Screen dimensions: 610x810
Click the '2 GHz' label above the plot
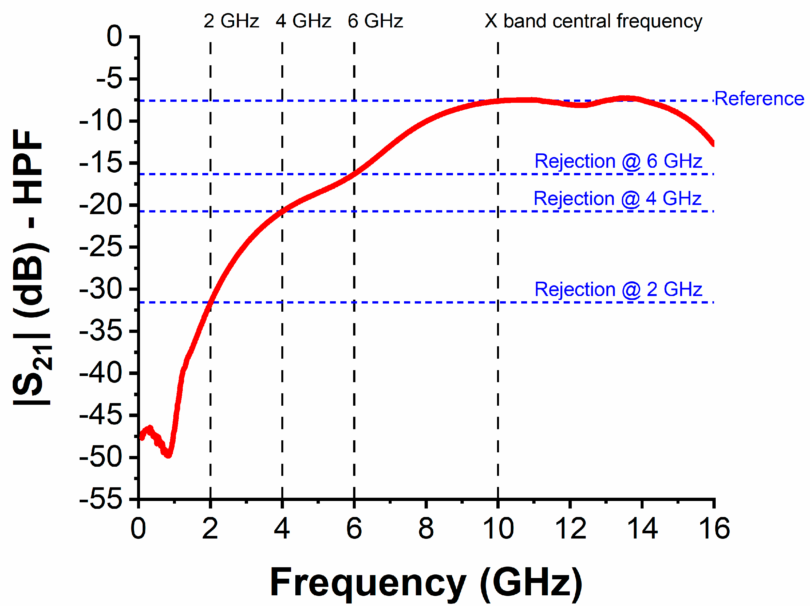tap(231, 21)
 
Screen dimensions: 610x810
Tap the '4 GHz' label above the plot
tap(303, 21)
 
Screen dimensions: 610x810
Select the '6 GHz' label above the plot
tap(375, 21)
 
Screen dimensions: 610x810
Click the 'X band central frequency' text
tap(593, 21)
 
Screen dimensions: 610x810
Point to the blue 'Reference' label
tap(759, 99)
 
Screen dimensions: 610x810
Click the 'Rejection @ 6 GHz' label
tap(618, 161)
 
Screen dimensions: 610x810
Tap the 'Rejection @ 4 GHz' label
tap(617, 198)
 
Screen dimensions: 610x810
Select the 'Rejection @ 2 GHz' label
tap(618, 289)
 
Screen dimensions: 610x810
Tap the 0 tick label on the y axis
tap(114, 36)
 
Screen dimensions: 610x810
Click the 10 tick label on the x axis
tap(498, 528)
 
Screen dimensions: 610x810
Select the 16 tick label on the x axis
tap(714, 528)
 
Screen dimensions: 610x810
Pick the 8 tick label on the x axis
tap(426, 528)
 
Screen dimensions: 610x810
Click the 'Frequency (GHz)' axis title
tap(426, 582)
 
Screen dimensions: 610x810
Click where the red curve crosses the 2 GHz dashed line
tap(210, 303)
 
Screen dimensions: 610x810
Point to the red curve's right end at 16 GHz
tap(713, 143)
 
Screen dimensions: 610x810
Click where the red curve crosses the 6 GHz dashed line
tap(354, 174)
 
